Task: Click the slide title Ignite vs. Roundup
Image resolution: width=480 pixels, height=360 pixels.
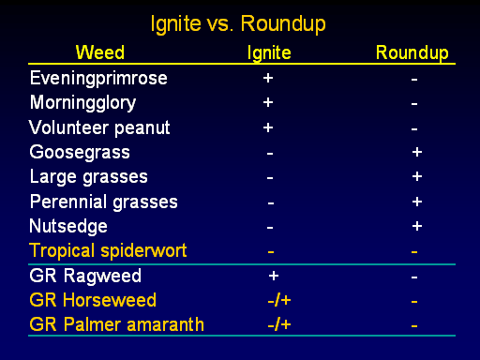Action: click(238, 24)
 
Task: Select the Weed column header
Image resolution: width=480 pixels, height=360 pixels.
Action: click(100, 52)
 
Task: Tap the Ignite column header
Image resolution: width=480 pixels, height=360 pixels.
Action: click(269, 53)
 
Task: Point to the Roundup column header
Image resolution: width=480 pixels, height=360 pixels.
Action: click(412, 53)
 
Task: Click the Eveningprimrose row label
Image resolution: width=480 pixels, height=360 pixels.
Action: click(98, 79)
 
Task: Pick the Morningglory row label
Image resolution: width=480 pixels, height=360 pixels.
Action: click(83, 103)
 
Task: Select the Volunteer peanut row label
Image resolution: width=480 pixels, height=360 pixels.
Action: click(99, 127)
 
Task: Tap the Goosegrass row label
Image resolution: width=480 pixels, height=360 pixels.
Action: click(80, 153)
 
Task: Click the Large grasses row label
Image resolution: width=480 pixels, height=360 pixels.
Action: click(89, 177)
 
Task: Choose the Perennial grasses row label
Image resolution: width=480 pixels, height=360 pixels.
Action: click(104, 202)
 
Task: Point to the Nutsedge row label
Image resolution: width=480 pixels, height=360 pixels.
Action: click(68, 226)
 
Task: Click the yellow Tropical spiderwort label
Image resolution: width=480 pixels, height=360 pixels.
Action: click(108, 251)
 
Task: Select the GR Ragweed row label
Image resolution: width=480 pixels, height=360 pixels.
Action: click(85, 276)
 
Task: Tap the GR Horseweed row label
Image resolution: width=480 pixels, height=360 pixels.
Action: click(93, 300)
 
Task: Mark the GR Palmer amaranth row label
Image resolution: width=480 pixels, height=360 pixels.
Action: click(117, 324)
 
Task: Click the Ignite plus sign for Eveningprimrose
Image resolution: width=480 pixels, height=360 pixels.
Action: click(268, 78)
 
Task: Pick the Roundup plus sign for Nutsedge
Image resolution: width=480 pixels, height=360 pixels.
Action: click(417, 226)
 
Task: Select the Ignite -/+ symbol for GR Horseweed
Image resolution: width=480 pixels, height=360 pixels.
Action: click(279, 300)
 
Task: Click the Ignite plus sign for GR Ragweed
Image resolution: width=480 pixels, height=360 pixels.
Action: click(274, 276)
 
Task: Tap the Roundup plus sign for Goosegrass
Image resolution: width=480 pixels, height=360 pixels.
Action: click(417, 152)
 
